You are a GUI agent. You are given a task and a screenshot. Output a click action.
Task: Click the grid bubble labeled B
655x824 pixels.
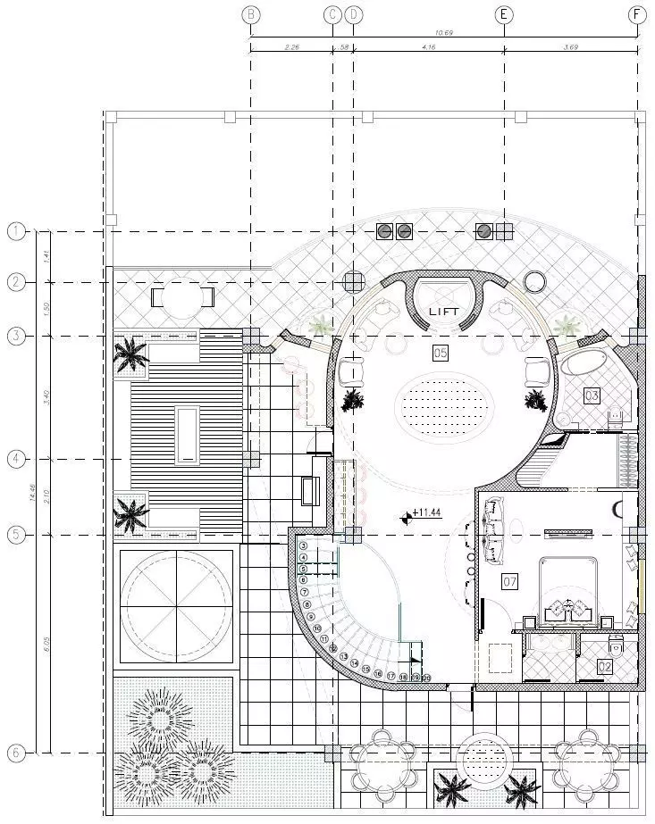[x=251, y=14]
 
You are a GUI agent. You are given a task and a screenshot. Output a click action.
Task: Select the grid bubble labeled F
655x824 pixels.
[x=637, y=14]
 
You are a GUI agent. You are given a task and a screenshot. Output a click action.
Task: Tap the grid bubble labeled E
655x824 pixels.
[x=505, y=14]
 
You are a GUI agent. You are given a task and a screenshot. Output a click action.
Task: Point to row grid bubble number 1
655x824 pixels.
[x=16, y=232]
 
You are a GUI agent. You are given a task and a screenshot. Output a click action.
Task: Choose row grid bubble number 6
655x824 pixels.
[x=16, y=753]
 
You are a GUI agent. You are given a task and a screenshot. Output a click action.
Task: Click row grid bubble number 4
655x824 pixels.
[x=16, y=459]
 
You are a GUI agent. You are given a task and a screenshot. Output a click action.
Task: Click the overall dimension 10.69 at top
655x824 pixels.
[x=444, y=33]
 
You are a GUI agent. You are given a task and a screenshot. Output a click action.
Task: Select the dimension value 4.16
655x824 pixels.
[x=429, y=46]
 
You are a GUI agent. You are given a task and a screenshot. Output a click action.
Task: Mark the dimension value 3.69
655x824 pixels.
[x=571, y=46]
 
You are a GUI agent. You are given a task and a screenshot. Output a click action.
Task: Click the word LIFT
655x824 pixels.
[x=444, y=312]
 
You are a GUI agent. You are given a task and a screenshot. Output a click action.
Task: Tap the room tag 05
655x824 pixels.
[x=440, y=354]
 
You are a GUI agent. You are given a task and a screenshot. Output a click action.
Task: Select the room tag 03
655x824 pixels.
[x=592, y=395]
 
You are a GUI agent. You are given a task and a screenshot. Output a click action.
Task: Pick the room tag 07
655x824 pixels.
[x=510, y=582]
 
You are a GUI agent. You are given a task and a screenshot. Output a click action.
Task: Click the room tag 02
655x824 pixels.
[x=605, y=666]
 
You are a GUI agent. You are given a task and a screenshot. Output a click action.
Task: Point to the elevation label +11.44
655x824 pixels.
[x=427, y=512]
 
